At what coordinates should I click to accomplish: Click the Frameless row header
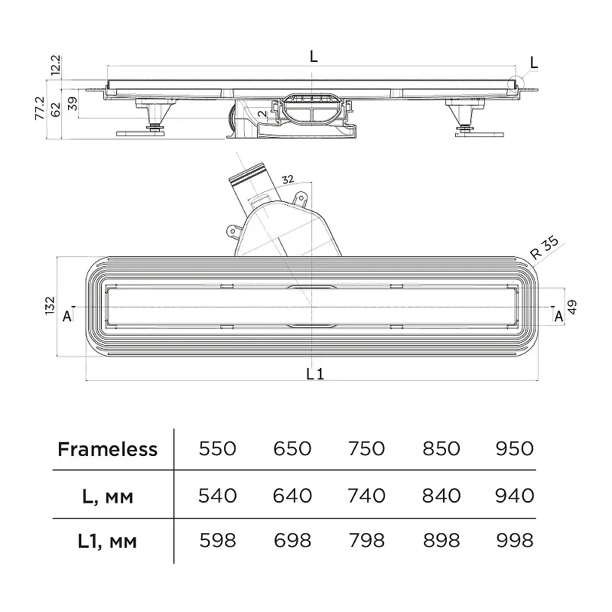tap(107, 449)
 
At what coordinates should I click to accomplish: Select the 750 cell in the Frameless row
tap(366, 449)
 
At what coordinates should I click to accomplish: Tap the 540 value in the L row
tap(217, 496)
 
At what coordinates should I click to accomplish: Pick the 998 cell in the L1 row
tap(514, 541)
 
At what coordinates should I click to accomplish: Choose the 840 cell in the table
tap(441, 496)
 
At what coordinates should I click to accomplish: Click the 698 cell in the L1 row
tap(292, 541)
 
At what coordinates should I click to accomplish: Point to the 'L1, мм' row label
tap(107, 542)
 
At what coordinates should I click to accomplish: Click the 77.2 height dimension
tap(40, 108)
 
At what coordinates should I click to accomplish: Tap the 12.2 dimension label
tap(56, 65)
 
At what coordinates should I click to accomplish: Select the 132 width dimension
tap(50, 305)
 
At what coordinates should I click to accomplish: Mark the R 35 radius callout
tap(544, 248)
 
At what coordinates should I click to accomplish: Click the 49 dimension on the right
tap(571, 307)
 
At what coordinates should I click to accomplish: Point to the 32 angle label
tap(288, 179)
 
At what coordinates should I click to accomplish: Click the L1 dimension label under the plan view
tap(315, 374)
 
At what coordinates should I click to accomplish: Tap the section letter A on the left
tap(67, 316)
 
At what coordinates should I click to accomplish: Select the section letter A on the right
tap(559, 316)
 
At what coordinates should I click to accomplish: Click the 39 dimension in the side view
tap(73, 103)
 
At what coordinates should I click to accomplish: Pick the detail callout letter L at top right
tap(534, 63)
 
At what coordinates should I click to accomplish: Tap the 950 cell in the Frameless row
tap(514, 449)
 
